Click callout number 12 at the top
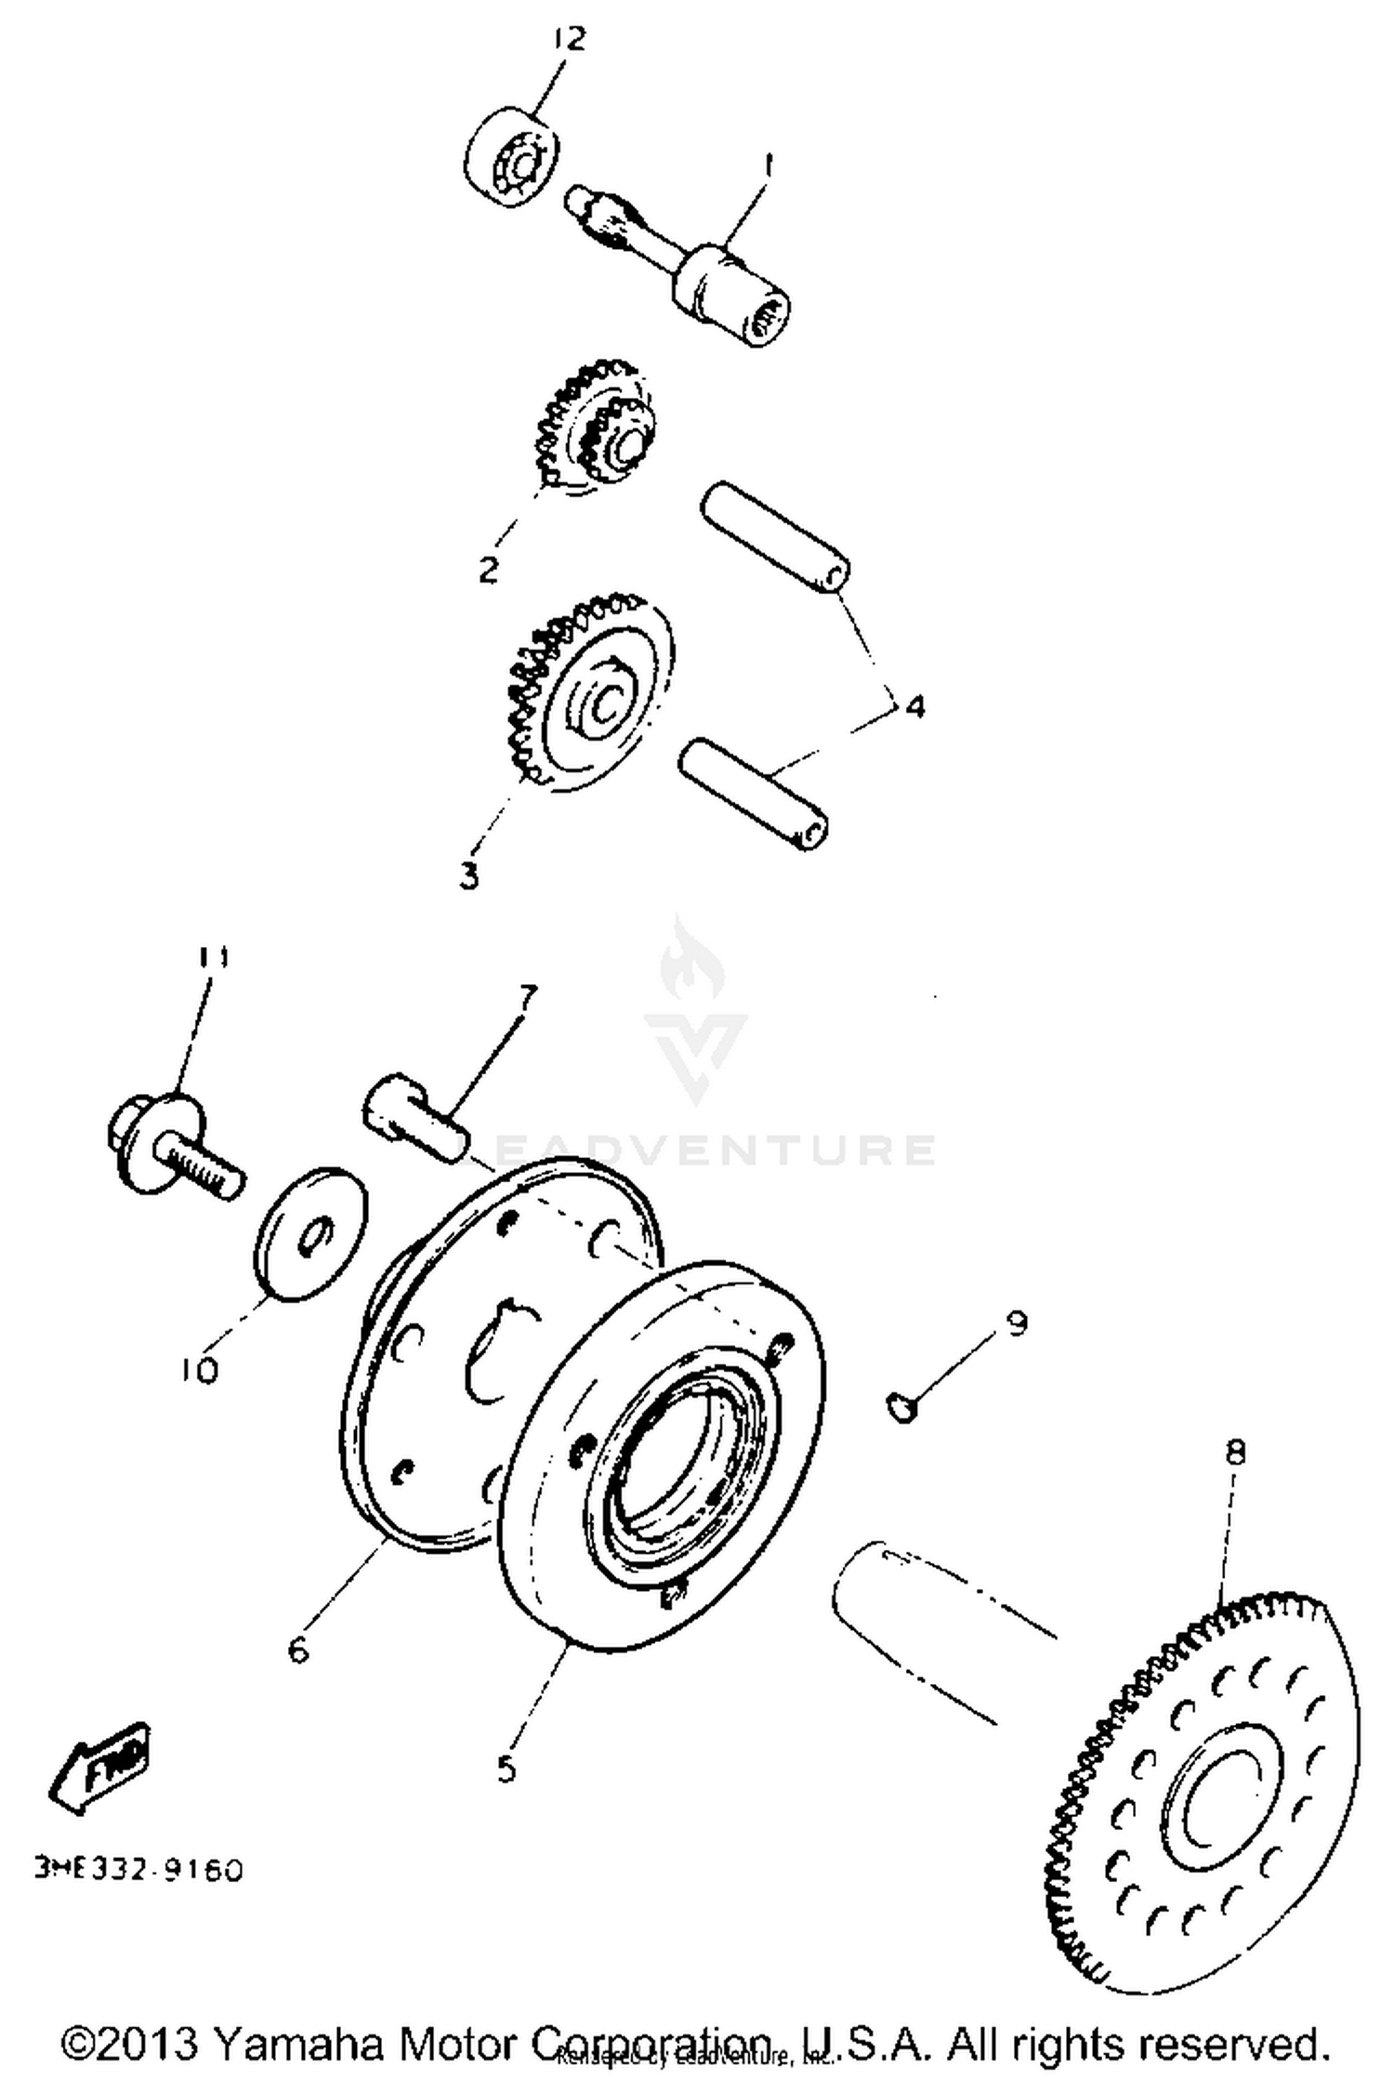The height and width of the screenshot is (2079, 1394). click(570, 40)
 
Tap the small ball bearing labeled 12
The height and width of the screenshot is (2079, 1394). click(512, 160)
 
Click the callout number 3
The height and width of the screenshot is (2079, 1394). click(469, 875)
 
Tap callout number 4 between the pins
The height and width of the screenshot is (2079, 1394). click(914, 707)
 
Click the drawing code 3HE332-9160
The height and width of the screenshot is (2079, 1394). click(138, 1869)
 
